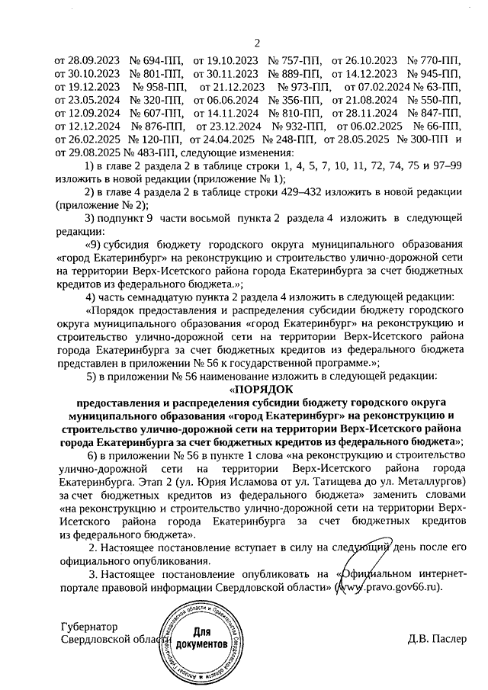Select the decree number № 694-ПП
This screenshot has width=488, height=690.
tap(157, 59)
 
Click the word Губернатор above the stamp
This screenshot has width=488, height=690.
tap(91, 626)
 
